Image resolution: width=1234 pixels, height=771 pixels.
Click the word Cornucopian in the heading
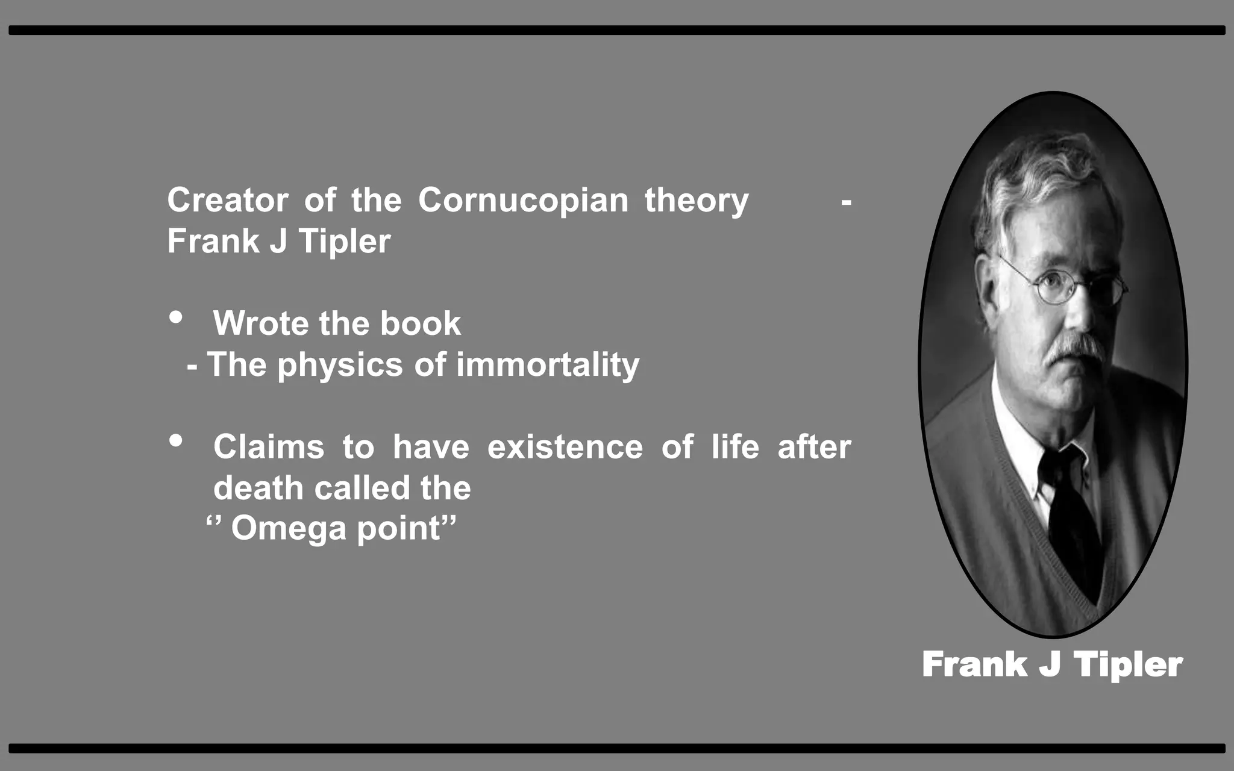[x=523, y=201]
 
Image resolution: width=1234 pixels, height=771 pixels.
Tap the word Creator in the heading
[x=227, y=200]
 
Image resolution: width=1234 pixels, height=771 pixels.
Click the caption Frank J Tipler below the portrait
[x=1052, y=664]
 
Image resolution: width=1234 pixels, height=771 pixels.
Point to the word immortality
[x=547, y=366]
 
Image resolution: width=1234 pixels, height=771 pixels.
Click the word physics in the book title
[x=340, y=366]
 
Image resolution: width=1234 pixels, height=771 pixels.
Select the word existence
[x=565, y=447]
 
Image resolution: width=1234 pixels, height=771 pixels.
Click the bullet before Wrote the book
[x=176, y=317]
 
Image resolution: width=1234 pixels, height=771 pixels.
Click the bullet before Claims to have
[x=176, y=441]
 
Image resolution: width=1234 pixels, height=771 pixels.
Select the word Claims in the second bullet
[x=268, y=447]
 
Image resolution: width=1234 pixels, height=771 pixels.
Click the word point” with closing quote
[x=407, y=529]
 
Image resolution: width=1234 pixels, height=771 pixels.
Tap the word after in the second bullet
[x=814, y=447]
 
